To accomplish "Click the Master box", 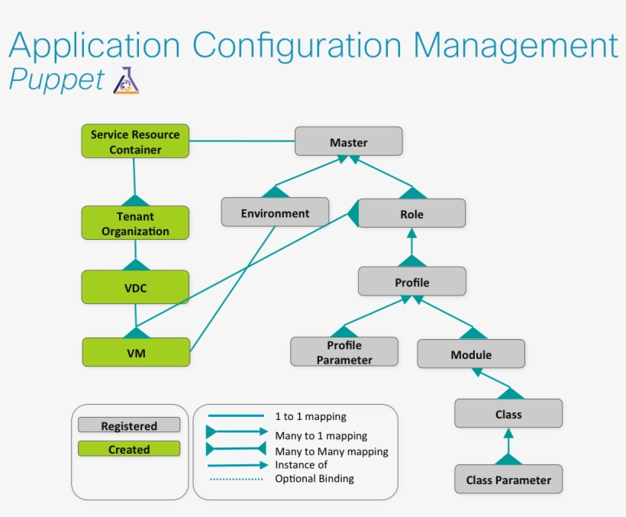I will pos(348,142).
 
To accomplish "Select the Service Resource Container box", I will pos(135,142).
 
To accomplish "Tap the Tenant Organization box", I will pos(135,223).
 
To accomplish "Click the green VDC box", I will pos(135,288).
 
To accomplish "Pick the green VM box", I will pos(136,352).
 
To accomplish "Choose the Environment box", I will pos(275,212).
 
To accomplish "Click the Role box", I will pos(411,214).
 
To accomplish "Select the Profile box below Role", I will pos(411,282).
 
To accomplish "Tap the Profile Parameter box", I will pos(344,352).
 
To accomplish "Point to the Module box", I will pos(471,354).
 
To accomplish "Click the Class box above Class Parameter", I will pos(508,414).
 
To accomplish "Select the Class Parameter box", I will pos(508,480).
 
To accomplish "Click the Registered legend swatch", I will pos(129,425).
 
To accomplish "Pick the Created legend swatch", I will pos(129,449).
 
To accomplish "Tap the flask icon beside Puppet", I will pos(127,80).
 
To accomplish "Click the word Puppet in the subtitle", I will pos(56,79).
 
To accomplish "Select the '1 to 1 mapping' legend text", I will pos(311,417).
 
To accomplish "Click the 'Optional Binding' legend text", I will pos(314,479).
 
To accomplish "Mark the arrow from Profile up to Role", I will pos(411,247).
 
